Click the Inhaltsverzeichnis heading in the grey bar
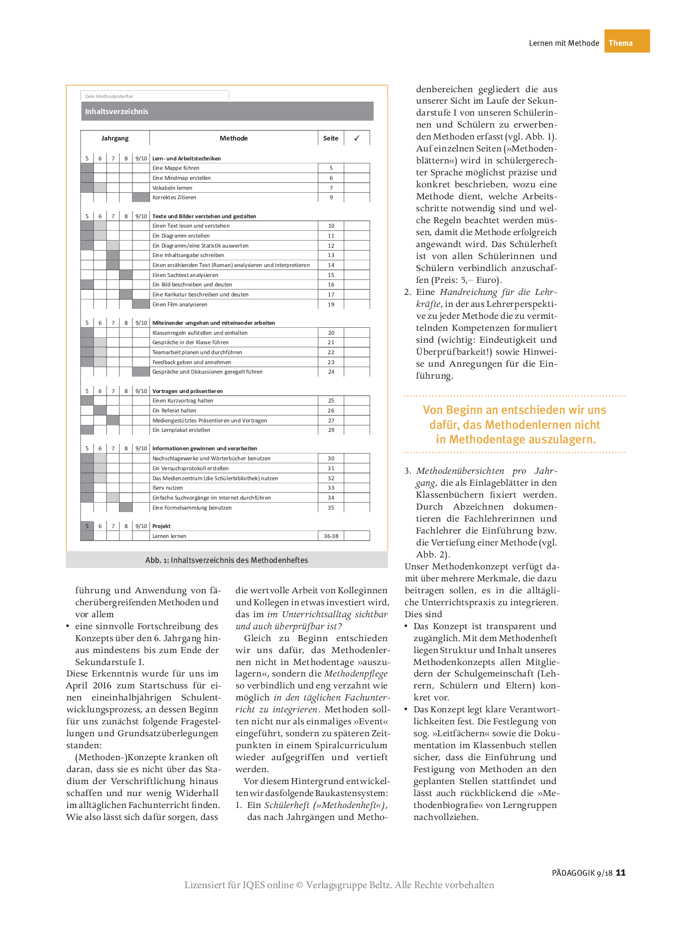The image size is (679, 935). tap(117, 112)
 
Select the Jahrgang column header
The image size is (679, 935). tap(115, 138)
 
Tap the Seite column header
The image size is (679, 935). tap(331, 138)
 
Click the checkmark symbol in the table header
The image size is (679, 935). tap(357, 138)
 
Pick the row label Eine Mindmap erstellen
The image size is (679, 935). tap(181, 178)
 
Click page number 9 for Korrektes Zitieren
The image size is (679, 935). tap(331, 197)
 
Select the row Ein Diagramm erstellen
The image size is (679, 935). tap(181, 236)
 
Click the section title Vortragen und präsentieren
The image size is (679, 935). tap(187, 391)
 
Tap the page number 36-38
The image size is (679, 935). tap(331, 536)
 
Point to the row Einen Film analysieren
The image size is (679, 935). tap(180, 304)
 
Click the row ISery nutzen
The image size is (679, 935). tap(167, 488)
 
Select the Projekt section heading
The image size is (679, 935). tap(161, 526)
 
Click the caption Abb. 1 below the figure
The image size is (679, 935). tap(227, 560)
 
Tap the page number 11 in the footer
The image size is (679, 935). tap(621, 872)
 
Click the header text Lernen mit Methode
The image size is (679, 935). tap(564, 43)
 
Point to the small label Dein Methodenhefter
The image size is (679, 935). tap(109, 96)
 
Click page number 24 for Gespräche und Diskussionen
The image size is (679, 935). tap(331, 372)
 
